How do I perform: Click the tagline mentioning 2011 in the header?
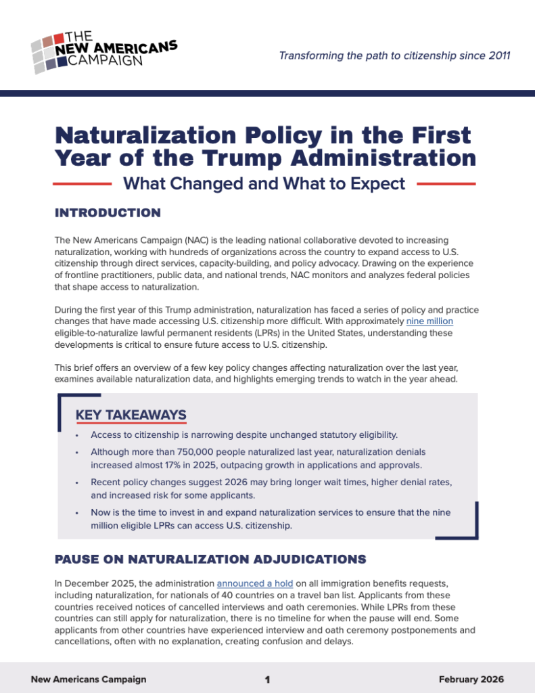[x=394, y=55]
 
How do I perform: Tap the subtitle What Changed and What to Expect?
[x=264, y=183]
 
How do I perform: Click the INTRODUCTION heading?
[x=108, y=213]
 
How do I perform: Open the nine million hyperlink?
[x=429, y=321]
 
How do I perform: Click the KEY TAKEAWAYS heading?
[x=131, y=414]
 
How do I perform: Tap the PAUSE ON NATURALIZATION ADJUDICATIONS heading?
[x=210, y=559]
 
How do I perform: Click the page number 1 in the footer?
[x=268, y=679]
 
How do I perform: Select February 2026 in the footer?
[x=471, y=679]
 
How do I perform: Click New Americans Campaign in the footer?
[x=89, y=679]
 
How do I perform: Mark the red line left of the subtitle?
[x=82, y=183]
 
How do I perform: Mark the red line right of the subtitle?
[x=446, y=183]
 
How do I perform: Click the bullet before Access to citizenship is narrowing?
[x=78, y=434]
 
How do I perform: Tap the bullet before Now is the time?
[x=78, y=513]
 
